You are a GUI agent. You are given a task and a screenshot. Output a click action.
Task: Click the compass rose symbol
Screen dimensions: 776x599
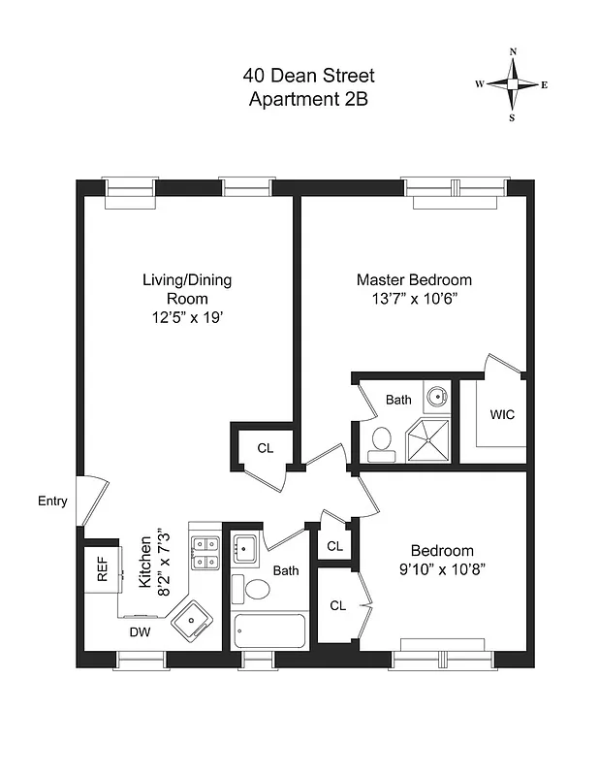coord(513,84)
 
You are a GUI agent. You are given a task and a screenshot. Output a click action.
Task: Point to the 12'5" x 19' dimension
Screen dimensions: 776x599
coord(187,316)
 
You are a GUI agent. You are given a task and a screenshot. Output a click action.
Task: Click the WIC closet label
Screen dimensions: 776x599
coord(502,414)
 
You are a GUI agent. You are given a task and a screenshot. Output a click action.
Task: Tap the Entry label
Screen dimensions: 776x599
coord(52,501)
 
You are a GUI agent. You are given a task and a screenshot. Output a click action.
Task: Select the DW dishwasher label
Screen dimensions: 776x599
coord(141,631)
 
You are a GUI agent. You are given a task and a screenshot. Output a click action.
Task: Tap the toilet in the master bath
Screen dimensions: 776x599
coord(380,441)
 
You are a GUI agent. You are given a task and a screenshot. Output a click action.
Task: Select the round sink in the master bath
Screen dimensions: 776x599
coord(437,396)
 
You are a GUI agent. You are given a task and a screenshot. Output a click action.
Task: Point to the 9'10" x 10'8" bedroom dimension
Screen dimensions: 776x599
coord(441,568)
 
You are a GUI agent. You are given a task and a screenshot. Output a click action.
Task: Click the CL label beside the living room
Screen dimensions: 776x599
coord(265,448)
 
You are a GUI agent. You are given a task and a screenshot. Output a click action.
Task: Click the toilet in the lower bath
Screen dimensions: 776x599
coord(258,588)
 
